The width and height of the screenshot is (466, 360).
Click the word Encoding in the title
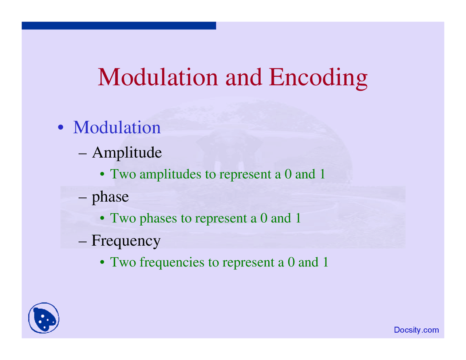pos(318,78)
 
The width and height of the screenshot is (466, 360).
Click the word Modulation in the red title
pos(158,78)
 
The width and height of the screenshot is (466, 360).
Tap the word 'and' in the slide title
pos(244,78)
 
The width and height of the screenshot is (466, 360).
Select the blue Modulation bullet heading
pos(117,127)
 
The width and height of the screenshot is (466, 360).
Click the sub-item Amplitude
pos(127,153)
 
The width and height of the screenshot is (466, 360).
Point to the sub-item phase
pos(110,197)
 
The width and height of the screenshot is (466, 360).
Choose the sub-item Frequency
pos(126,241)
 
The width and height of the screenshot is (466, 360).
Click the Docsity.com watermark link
pos(416,330)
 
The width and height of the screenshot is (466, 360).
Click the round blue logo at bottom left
pos(44,318)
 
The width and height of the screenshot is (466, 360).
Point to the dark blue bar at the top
pos(119,25)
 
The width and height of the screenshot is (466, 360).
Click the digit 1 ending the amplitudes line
pos(323,174)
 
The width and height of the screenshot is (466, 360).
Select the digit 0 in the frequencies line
pos(291,262)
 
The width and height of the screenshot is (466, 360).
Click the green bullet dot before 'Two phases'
pos(103,219)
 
